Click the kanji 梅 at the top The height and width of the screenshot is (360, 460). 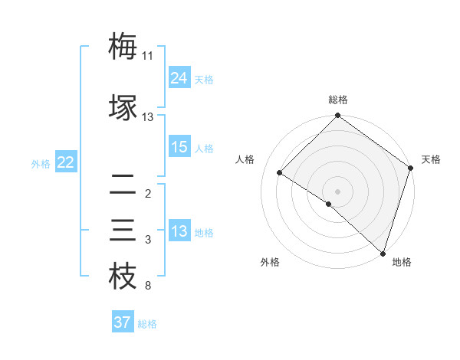point(123,47)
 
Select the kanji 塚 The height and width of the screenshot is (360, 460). point(123,108)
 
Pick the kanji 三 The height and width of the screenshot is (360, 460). point(123,230)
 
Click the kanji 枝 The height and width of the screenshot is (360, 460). point(123,277)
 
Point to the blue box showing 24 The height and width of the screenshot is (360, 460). point(179,77)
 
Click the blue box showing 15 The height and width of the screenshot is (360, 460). point(179,147)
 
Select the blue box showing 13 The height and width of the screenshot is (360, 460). point(179,231)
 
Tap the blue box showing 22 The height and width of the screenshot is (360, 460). point(65,162)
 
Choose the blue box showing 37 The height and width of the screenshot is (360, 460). point(122,322)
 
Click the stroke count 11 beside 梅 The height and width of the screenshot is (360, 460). point(147,56)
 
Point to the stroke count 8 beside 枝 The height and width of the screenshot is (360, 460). point(147,286)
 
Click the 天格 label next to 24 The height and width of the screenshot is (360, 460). point(204,80)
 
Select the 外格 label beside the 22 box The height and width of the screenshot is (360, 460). point(41,163)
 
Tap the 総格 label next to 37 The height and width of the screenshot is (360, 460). point(147,324)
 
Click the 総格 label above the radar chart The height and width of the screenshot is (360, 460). point(338,100)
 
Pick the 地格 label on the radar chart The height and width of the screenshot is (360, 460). point(402,262)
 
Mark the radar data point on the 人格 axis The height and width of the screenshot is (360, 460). point(280,172)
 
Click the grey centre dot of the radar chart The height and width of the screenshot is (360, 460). point(337,191)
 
